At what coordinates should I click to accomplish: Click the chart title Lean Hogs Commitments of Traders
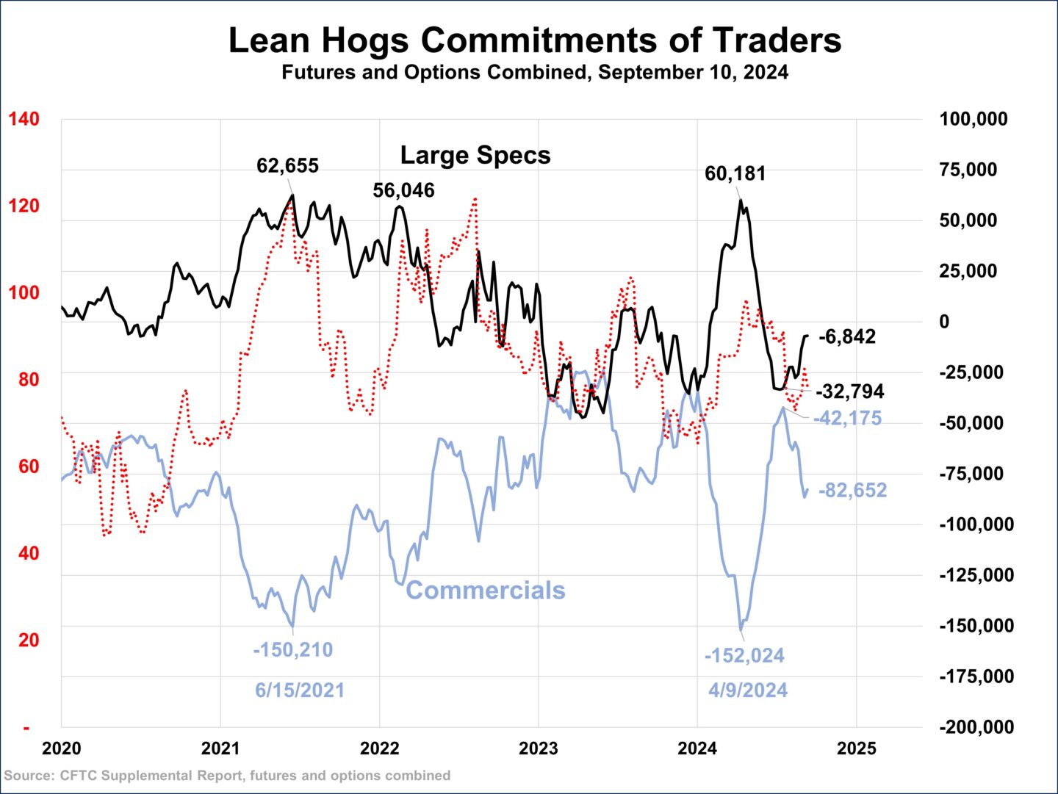coord(535,40)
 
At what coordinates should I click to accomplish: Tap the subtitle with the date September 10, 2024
coord(535,73)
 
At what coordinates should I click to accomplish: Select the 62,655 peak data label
coord(287,166)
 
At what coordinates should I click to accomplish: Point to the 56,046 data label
coord(403,190)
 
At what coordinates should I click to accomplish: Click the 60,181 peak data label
coord(735,174)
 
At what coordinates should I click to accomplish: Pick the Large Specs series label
coord(475,155)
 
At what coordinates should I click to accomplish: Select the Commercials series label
coord(486,590)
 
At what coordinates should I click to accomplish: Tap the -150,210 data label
coord(292,650)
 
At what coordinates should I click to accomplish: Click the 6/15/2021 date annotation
coord(299,690)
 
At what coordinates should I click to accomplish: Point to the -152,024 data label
coord(744,655)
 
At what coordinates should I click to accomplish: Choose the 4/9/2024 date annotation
coord(747,690)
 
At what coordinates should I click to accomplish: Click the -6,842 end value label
coord(846,336)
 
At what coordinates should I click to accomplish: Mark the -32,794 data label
coord(849,391)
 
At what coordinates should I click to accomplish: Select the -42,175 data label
coord(847,418)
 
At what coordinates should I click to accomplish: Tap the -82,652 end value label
coord(852,490)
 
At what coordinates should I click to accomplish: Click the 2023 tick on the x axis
coord(538,748)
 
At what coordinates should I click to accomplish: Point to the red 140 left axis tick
coord(24,119)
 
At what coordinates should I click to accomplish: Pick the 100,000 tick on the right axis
coord(973,119)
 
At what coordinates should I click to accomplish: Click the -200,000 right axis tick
coord(976,727)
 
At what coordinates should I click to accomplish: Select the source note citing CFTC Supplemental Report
coord(227,776)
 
